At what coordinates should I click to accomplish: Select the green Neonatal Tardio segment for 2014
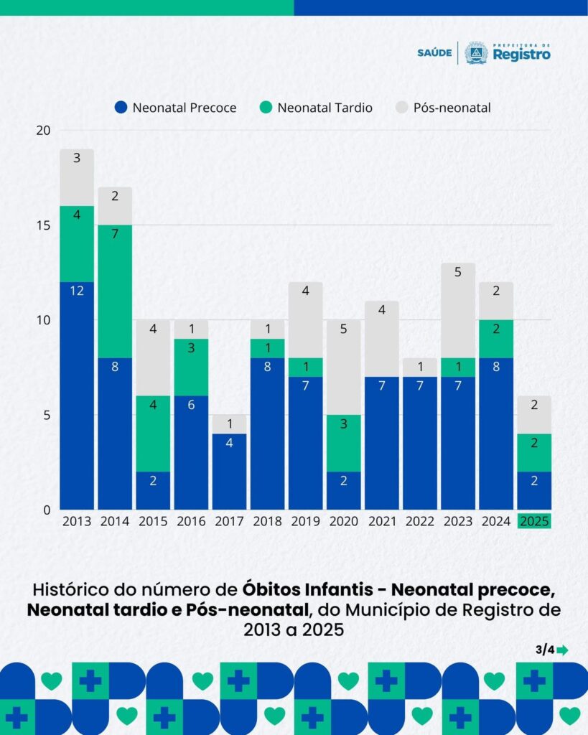tap(115, 291)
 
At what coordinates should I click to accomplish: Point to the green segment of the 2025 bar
tap(534, 453)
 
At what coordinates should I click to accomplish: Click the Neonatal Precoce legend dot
tap(121, 108)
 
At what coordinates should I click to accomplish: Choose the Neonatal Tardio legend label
tap(325, 108)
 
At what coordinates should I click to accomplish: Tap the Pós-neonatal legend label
tap(452, 108)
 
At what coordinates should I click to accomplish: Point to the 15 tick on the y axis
tap(44, 225)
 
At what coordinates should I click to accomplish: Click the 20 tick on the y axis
tap(44, 131)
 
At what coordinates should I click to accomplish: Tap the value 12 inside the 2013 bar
tap(77, 291)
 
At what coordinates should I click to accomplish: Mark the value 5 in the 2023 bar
tap(458, 272)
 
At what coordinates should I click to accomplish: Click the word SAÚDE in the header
tap(434, 52)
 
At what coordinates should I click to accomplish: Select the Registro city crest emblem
tap(475, 52)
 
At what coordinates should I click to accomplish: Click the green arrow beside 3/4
tap(562, 650)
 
